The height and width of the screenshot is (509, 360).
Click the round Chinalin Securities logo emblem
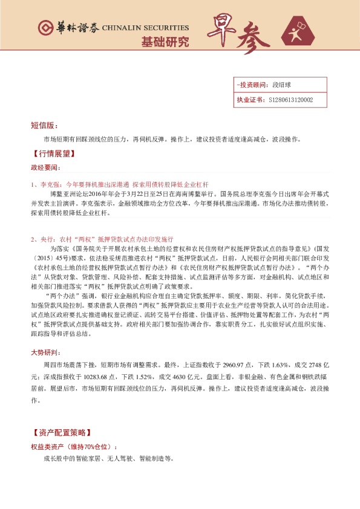pyautogui.click(x=44, y=28)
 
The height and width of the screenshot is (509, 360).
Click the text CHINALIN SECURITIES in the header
pyautogui.click(x=145, y=28)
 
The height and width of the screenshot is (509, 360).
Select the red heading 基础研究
pyautogui.click(x=165, y=42)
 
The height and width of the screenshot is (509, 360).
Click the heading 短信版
pyautogui.click(x=44, y=126)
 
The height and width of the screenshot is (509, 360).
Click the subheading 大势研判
pyautogui.click(x=46, y=351)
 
